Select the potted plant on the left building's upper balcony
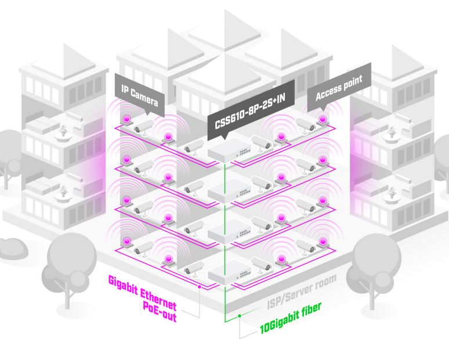click(61, 131)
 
